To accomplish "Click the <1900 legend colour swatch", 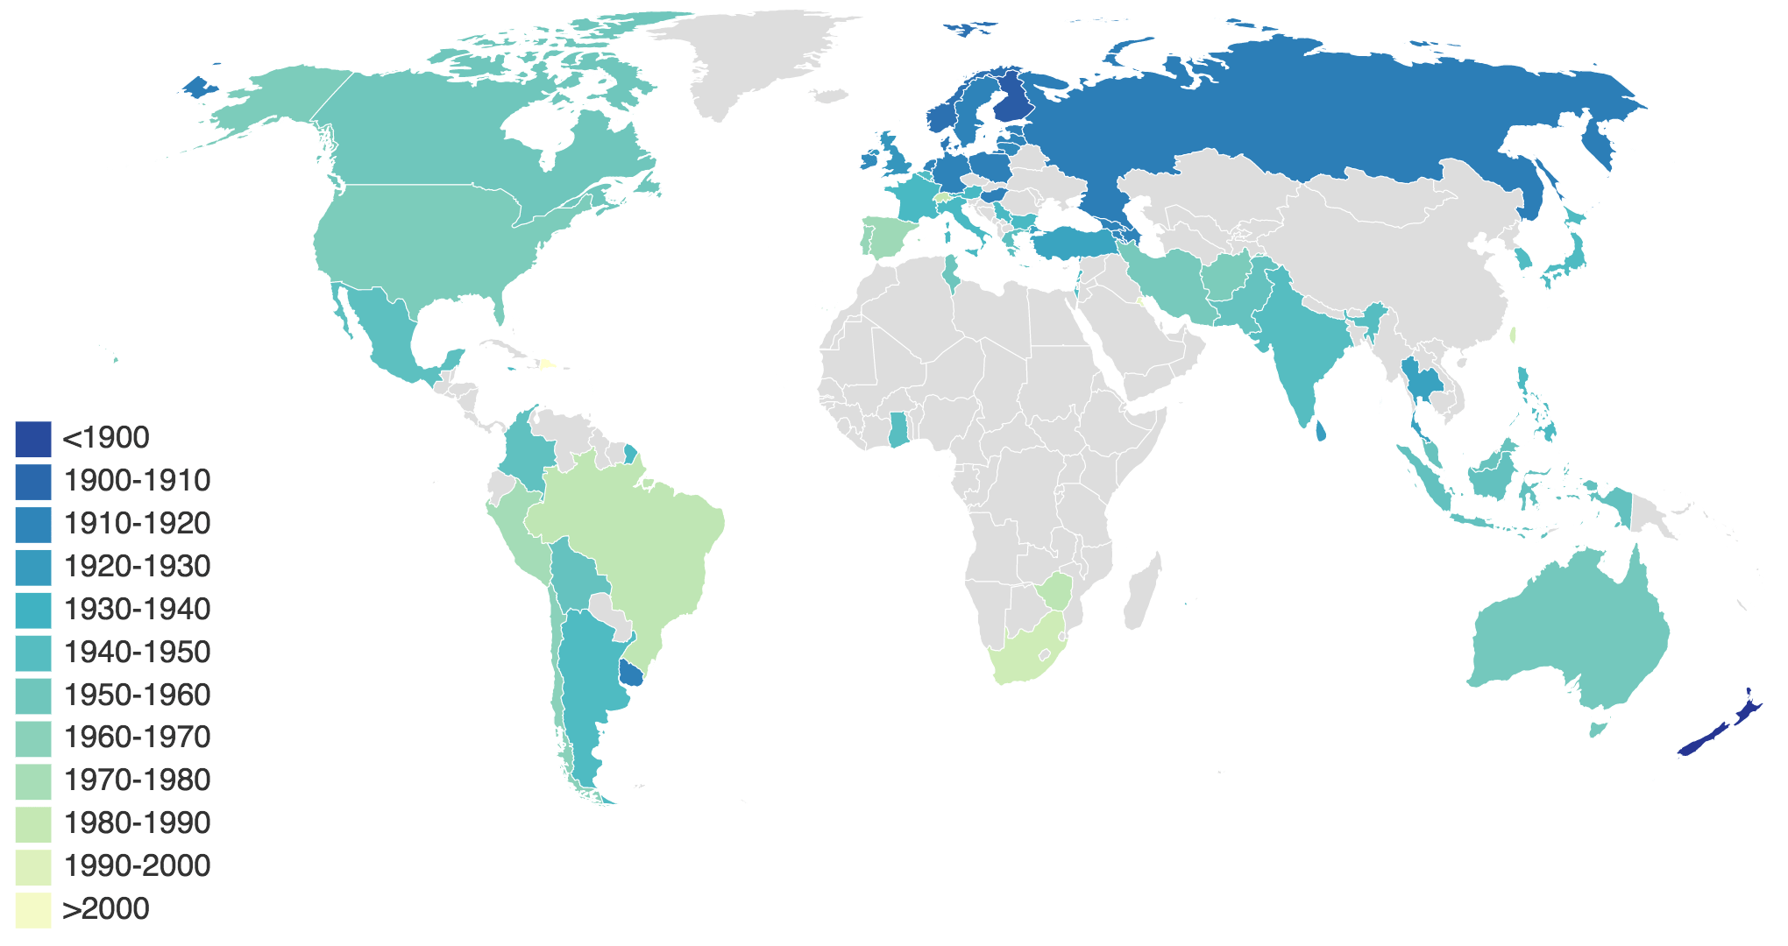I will point(33,439).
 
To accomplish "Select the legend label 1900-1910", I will point(137,481).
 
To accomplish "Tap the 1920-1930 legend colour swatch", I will point(33,567).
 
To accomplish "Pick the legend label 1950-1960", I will point(137,695).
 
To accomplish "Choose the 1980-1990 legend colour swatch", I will point(33,824).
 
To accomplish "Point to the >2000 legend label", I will point(105,909).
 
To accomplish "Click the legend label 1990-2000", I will point(137,866).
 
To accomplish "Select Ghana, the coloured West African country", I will point(898,429).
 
